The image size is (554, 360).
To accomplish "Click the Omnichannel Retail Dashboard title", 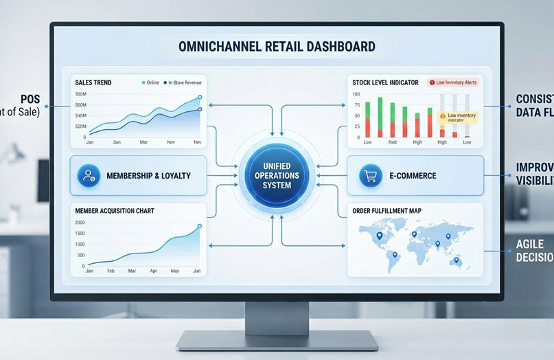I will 276,47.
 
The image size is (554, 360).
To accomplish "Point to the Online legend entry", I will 151,82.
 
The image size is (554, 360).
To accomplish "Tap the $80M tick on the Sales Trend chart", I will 80,93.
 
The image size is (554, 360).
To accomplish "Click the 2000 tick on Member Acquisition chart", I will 81,223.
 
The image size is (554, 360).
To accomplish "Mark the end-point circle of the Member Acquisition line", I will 200,225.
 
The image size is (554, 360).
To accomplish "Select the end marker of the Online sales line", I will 200,98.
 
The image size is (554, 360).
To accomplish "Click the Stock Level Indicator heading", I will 385,82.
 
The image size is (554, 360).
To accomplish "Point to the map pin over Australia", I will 457,260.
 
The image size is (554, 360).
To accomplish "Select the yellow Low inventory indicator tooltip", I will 457,117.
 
